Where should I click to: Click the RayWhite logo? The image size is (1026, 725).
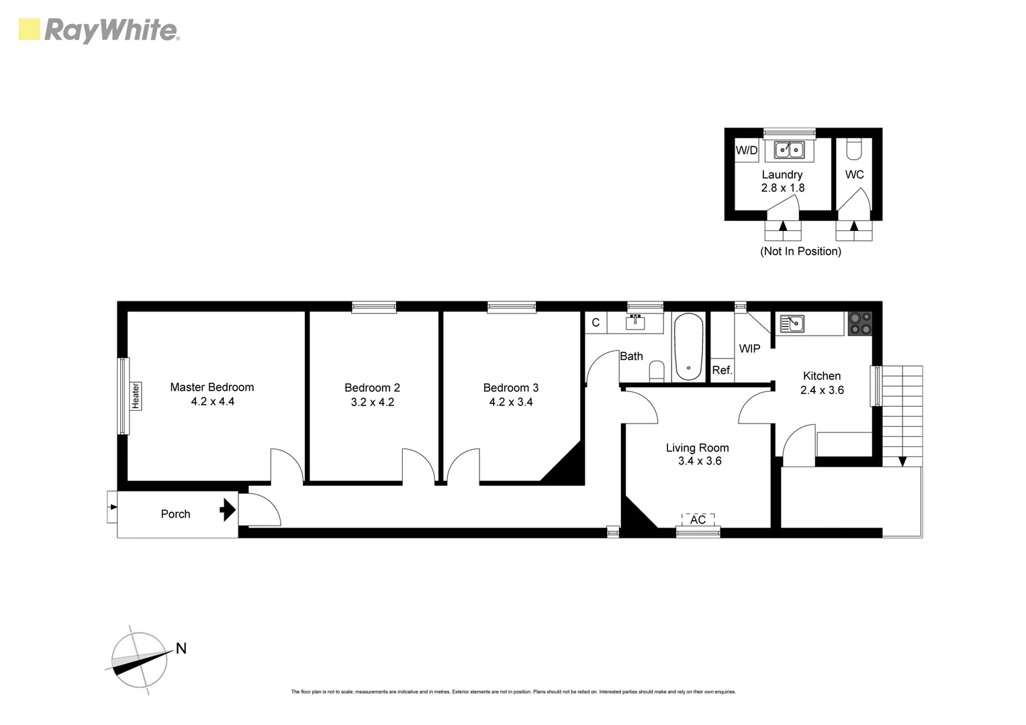99,31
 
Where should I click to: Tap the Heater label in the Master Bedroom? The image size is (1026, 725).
136,395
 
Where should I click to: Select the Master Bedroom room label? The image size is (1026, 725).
212,387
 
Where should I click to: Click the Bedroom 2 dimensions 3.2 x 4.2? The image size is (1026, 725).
372,402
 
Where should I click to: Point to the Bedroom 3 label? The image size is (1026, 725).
510,388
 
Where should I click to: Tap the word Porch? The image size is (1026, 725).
175,514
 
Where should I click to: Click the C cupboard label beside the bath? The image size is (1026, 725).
595,323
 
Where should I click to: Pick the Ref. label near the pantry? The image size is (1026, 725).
722,370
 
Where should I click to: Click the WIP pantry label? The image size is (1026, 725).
749,349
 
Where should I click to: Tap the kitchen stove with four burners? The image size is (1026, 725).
859,324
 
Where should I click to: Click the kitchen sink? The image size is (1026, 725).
792,324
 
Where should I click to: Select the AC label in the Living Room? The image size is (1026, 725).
698,520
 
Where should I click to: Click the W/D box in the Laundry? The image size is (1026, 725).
746,150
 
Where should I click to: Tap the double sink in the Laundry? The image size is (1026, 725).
789,150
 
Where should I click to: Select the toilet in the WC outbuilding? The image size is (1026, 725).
853,149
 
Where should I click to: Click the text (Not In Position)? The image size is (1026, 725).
800,252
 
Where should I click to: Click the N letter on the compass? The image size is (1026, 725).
181,648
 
